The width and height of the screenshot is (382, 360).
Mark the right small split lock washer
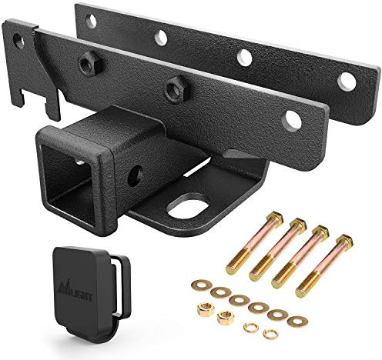(269, 334)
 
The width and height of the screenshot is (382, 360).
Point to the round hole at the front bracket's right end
(292, 119)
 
